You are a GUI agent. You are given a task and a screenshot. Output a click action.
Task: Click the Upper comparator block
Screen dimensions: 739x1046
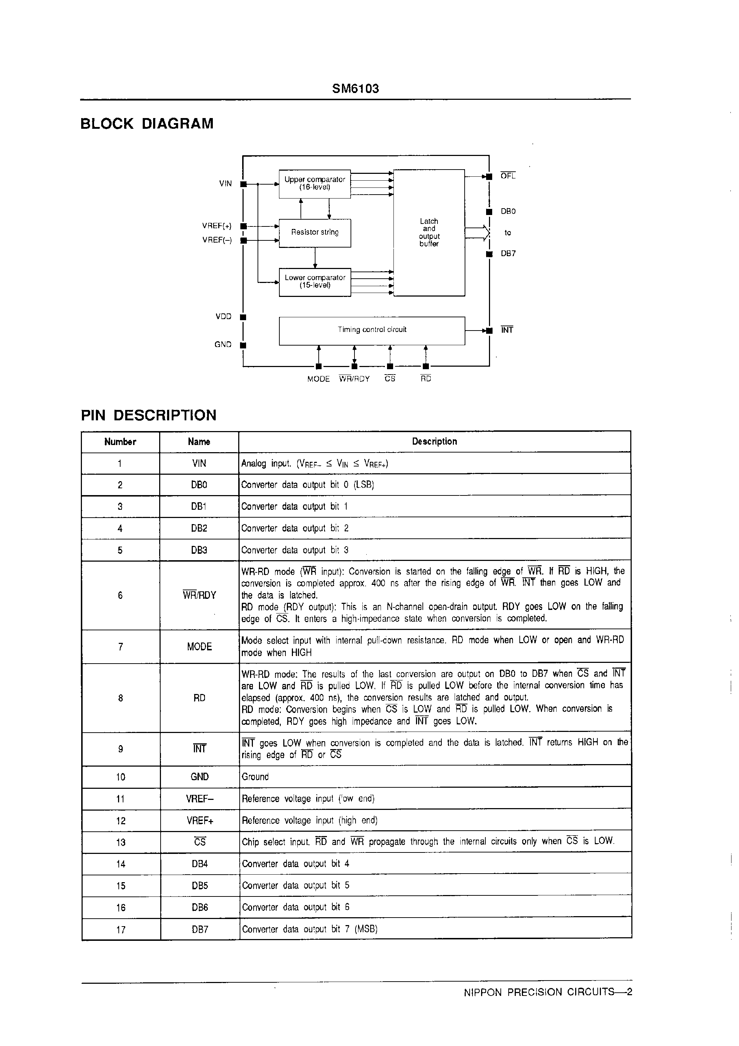pyautogui.click(x=314, y=184)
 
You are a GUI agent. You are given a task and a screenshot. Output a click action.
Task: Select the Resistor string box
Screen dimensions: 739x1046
pyautogui.click(x=314, y=233)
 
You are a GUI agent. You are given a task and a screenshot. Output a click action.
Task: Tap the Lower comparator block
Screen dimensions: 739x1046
pyautogui.click(x=314, y=282)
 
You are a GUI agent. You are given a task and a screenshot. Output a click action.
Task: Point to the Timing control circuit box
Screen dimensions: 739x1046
pyautogui.click(x=372, y=330)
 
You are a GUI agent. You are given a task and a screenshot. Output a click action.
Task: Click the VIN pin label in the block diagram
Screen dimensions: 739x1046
pyautogui.click(x=225, y=184)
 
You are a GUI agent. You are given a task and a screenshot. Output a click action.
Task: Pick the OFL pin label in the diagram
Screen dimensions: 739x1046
pyautogui.click(x=508, y=176)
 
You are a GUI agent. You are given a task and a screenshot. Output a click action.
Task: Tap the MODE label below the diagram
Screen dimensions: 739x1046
pyautogui.click(x=318, y=379)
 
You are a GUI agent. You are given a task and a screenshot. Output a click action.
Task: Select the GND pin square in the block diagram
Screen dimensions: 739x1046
pyautogui.click(x=243, y=345)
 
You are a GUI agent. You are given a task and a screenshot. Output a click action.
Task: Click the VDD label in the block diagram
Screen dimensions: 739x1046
pyautogui.click(x=223, y=317)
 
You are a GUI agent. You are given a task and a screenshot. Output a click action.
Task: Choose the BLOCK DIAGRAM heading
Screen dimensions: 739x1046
pyautogui.click(x=147, y=123)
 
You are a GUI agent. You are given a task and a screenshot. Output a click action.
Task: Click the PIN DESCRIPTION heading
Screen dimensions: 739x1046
pyautogui.click(x=148, y=415)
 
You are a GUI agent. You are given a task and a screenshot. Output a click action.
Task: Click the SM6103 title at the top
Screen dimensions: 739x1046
pyautogui.click(x=356, y=88)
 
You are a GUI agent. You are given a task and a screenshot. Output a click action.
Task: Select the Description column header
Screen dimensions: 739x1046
pyautogui.click(x=434, y=441)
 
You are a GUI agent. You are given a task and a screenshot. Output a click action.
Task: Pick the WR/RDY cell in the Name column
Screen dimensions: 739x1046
pyautogui.click(x=199, y=595)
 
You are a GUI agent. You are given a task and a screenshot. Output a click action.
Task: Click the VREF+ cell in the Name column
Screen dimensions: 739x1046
pyautogui.click(x=200, y=821)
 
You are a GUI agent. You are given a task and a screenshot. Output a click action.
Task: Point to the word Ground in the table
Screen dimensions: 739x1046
pyautogui.click(x=255, y=777)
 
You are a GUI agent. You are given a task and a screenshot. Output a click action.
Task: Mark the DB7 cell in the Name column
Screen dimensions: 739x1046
pyautogui.click(x=200, y=929)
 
